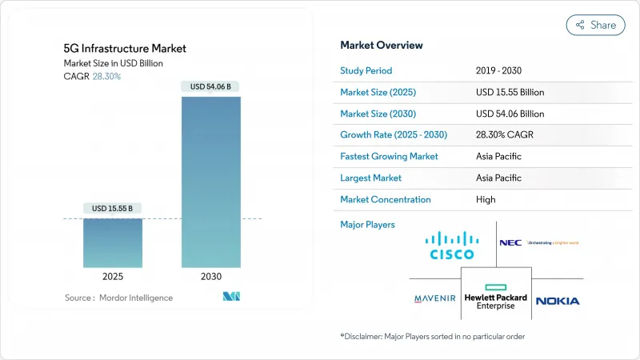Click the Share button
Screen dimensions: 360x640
coord(595,25)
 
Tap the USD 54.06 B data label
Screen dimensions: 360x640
coord(210,86)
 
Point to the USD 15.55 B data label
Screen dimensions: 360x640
coord(113,209)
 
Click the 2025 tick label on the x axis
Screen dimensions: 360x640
coord(113,276)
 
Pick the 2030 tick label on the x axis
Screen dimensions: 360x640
coord(210,276)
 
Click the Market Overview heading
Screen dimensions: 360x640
coord(382,45)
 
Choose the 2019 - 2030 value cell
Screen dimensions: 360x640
coord(501,70)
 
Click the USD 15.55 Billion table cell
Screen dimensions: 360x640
coord(510,92)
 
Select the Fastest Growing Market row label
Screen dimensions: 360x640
coord(390,156)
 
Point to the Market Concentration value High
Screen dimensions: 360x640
coord(486,199)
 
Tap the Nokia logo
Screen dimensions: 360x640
coord(558,301)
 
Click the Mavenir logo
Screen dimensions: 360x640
coord(435,299)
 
